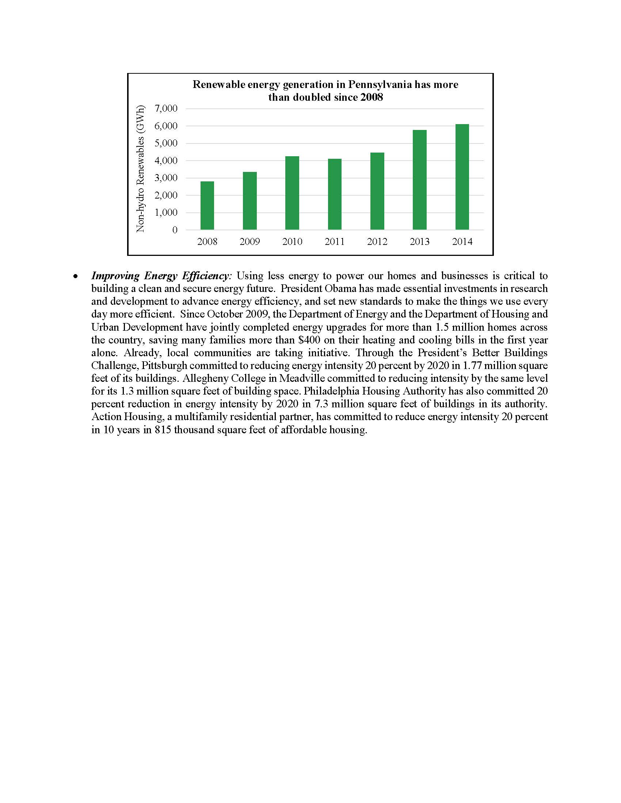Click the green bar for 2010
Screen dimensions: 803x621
pyautogui.click(x=292, y=193)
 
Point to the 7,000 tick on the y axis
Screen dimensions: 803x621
pyautogui.click(x=166, y=108)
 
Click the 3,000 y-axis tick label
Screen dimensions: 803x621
pyautogui.click(x=166, y=178)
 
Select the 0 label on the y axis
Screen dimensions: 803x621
pyautogui.click(x=175, y=230)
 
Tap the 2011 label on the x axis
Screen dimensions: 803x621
pyautogui.click(x=334, y=242)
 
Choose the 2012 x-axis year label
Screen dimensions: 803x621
pyautogui.click(x=377, y=242)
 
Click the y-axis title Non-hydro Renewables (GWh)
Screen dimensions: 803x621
pyautogui.click(x=140, y=169)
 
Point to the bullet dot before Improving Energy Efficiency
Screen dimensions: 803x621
pyautogui.click(x=76, y=276)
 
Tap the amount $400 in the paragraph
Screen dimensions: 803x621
pyautogui.click(x=309, y=340)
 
